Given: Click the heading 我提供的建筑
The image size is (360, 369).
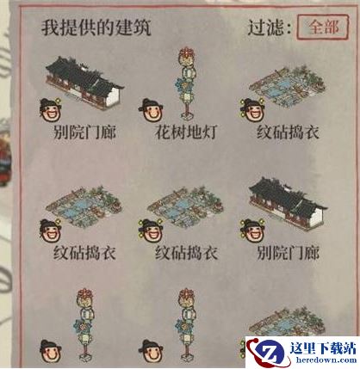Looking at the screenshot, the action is click(96, 28).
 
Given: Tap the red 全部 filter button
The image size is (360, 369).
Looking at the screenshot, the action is click(323, 27).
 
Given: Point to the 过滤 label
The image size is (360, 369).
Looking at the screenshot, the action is click(269, 28).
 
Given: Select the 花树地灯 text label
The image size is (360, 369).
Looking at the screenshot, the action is click(186, 132).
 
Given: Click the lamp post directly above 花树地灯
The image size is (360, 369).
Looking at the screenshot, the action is click(187, 83).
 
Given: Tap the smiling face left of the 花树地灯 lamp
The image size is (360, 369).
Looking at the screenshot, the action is click(151, 110).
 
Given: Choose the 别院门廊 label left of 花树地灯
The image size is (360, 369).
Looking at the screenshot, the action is click(84, 132).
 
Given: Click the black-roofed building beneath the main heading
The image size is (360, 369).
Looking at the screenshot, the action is click(84, 83).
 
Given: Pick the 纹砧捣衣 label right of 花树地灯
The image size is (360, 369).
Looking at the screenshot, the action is click(288, 132).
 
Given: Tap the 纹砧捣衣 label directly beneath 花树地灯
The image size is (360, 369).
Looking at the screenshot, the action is click(186, 253).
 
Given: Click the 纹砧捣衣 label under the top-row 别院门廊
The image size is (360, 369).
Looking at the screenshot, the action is click(84, 253).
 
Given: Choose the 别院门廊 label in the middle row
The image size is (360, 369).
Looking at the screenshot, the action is click(288, 253).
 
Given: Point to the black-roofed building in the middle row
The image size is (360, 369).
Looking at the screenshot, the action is click(288, 203).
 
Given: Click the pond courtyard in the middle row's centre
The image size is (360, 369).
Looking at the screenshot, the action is click(185, 206).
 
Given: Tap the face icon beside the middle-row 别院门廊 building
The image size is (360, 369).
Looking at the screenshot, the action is click(252, 231).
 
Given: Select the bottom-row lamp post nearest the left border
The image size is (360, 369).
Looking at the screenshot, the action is click(85, 324).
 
